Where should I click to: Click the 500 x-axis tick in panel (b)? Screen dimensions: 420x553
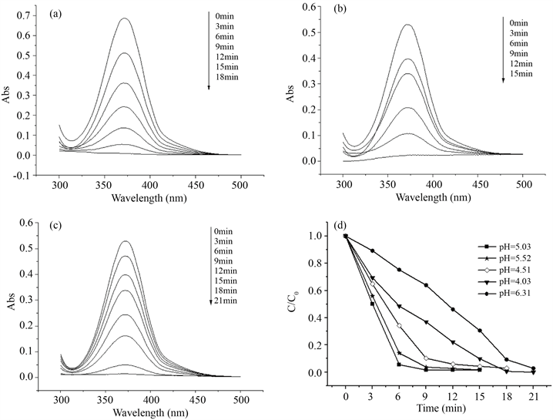pos(523,187)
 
